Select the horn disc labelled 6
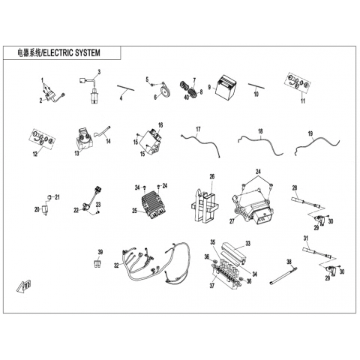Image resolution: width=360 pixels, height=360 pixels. [165, 90]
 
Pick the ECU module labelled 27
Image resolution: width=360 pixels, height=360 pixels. [252, 207]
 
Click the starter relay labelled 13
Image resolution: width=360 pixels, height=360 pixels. [85, 139]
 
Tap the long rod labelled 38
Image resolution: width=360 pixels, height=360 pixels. [283, 275]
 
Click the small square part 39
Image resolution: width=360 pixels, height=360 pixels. [97, 264]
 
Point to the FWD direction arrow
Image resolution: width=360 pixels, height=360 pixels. [25, 286]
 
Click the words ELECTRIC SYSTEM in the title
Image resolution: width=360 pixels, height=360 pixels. [72, 53]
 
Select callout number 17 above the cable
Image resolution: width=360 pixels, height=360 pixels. [198, 129]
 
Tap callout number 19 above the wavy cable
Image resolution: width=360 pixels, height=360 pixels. [310, 133]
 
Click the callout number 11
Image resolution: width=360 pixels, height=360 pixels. [303, 101]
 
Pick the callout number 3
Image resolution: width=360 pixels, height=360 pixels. [99, 72]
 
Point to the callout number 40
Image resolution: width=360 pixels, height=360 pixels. [187, 97]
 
